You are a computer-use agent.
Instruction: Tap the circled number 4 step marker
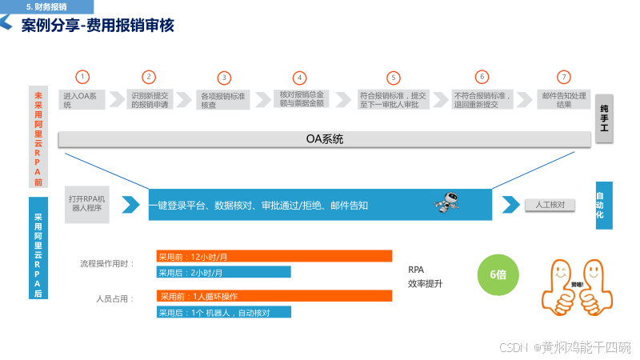pyautogui.click(x=299, y=78)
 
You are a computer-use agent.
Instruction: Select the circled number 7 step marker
pyautogui.click(x=564, y=77)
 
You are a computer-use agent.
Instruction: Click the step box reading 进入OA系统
pyautogui.click(x=83, y=99)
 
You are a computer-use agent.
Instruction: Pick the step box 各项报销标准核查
pyautogui.click(x=224, y=99)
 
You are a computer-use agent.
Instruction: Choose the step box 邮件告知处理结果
pyautogui.click(x=564, y=99)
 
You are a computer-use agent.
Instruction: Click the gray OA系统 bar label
pyautogui.click(x=324, y=138)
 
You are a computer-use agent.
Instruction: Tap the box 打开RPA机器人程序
pyautogui.click(x=87, y=203)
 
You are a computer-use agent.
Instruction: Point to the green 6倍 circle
pyautogui.click(x=498, y=274)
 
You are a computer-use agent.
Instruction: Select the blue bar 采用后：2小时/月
pyautogui.click(x=223, y=272)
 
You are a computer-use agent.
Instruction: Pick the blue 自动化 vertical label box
pyautogui.click(x=604, y=206)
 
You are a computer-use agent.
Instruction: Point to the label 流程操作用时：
pyautogui.click(x=107, y=263)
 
